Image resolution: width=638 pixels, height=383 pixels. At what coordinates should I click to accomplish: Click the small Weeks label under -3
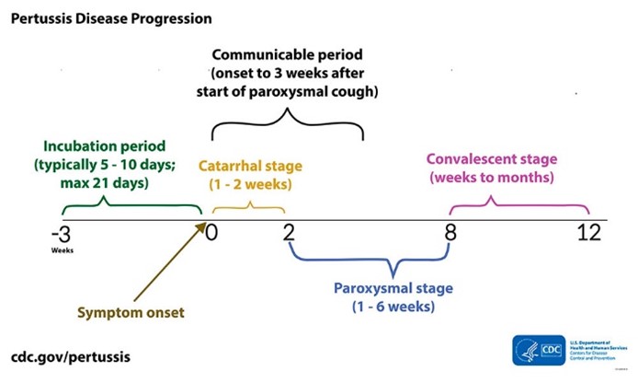click(63, 250)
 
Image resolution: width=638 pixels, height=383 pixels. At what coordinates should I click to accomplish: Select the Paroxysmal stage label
click(393, 288)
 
